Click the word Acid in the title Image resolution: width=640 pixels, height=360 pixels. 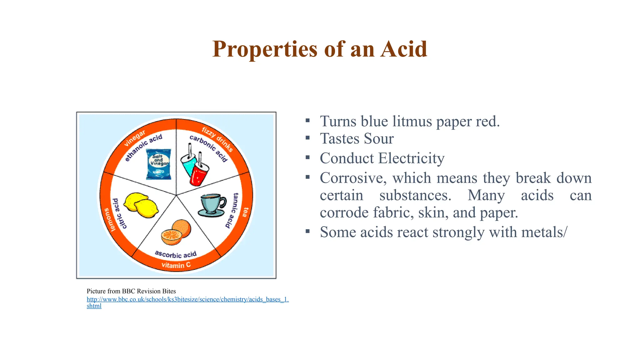(x=403, y=49)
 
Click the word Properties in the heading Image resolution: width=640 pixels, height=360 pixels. (x=264, y=49)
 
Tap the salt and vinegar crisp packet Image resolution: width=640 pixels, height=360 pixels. (x=159, y=164)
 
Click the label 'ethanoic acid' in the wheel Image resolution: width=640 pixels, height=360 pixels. (x=143, y=147)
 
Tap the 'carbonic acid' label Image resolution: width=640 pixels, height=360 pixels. (x=209, y=148)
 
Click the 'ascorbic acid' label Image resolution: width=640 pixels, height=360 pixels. (x=176, y=254)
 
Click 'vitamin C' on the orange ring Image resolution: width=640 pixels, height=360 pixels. (x=176, y=265)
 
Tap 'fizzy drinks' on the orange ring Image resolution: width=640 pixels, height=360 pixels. (x=217, y=139)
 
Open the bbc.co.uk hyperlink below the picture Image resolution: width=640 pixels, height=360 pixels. (x=187, y=299)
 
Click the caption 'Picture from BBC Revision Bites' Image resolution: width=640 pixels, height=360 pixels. (x=131, y=291)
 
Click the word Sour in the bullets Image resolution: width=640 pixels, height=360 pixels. (x=378, y=138)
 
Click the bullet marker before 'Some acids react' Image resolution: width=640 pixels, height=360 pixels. (x=307, y=231)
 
